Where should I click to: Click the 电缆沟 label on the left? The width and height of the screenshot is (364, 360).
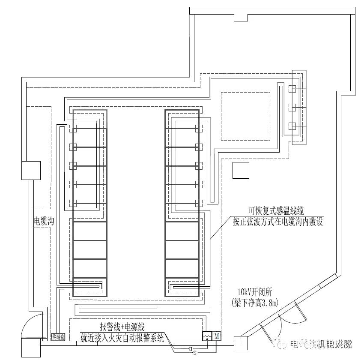(44, 222)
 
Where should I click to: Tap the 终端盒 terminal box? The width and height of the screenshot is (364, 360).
(57, 337)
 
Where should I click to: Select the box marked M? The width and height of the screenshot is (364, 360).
(217, 336)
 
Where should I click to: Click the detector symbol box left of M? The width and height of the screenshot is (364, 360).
(207, 336)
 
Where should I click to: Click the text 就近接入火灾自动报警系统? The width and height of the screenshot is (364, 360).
(122, 338)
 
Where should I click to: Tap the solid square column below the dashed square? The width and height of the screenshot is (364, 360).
(241, 170)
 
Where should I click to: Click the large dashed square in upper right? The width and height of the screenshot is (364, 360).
(245, 116)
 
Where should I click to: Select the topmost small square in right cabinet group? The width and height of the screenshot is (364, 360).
(292, 89)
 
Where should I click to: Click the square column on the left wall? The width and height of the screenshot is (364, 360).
(31, 170)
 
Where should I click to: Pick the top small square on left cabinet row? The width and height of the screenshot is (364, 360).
(73, 128)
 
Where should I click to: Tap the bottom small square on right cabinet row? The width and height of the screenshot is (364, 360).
(198, 203)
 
